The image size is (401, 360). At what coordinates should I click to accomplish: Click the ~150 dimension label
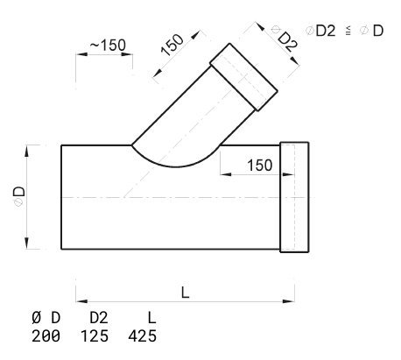(108, 45)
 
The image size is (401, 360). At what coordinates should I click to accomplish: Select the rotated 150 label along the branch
(172, 45)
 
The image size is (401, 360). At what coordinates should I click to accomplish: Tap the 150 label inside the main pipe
(260, 166)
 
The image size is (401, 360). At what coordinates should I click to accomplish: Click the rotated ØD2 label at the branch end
(285, 39)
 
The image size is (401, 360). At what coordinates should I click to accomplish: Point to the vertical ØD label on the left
(19, 196)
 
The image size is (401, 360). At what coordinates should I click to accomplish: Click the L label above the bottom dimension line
(185, 293)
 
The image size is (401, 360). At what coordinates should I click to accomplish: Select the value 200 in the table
(46, 336)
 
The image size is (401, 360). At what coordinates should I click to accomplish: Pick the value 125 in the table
(95, 336)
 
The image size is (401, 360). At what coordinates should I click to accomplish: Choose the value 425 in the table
(143, 336)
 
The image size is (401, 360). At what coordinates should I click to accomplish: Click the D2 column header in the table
(99, 318)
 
